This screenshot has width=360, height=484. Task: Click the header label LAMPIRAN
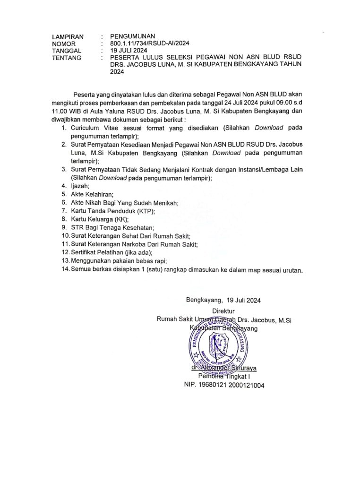click(68, 36)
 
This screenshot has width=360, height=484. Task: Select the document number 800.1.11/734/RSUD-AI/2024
click(149, 43)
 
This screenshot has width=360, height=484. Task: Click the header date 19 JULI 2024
click(129, 51)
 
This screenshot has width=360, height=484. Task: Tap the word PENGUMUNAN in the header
click(132, 36)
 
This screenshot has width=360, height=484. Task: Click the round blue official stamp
click(219, 346)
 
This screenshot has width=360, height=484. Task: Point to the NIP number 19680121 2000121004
click(224, 385)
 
